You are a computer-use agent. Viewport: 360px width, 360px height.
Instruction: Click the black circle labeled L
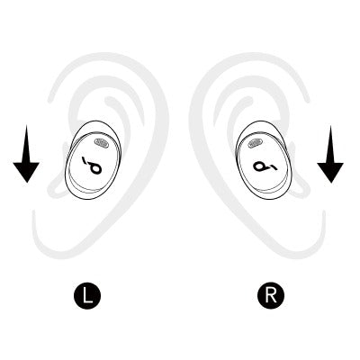click(x=87, y=295)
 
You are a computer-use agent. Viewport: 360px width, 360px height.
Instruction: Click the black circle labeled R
click(x=271, y=295)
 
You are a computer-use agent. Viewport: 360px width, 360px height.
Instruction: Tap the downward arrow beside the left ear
click(x=26, y=154)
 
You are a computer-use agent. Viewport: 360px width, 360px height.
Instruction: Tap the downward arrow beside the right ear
click(x=330, y=154)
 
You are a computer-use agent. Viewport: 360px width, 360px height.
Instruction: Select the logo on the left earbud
click(x=92, y=166)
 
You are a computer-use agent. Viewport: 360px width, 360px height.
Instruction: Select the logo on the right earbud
click(x=265, y=166)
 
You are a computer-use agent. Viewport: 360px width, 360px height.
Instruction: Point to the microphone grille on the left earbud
click(x=101, y=143)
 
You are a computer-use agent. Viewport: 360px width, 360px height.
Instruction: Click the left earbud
click(x=94, y=159)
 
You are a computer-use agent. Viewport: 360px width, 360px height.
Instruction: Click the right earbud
click(x=264, y=160)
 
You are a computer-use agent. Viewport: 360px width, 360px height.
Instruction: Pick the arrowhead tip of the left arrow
click(x=26, y=183)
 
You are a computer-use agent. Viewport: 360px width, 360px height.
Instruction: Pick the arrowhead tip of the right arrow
click(x=330, y=183)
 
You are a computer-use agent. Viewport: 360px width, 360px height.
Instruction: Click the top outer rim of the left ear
click(x=105, y=57)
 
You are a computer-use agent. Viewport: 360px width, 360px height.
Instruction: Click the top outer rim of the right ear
click(x=252, y=57)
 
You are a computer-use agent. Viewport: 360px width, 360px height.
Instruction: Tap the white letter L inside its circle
click(x=87, y=295)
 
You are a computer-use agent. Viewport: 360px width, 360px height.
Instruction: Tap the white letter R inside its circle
click(x=271, y=295)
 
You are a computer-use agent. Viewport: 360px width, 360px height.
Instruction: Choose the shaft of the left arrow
click(x=26, y=144)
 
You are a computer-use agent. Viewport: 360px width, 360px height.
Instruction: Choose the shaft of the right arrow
click(x=330, y=144)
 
